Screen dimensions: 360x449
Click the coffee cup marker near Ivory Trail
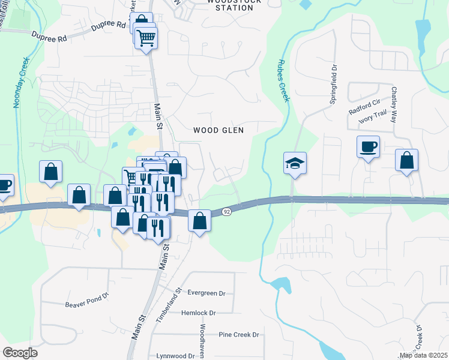[368, 146]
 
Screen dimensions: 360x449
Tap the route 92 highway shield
[226, 212]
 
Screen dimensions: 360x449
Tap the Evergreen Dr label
[206, 293]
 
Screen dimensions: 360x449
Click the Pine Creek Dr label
[238, 334]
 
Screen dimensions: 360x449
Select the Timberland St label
[169, 306]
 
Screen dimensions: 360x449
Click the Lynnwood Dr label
[175, 355]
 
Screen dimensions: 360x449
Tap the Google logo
[20, 353]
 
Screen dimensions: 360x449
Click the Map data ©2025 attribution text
[424, 355]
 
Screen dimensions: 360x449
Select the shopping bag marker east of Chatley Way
[406, 160]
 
